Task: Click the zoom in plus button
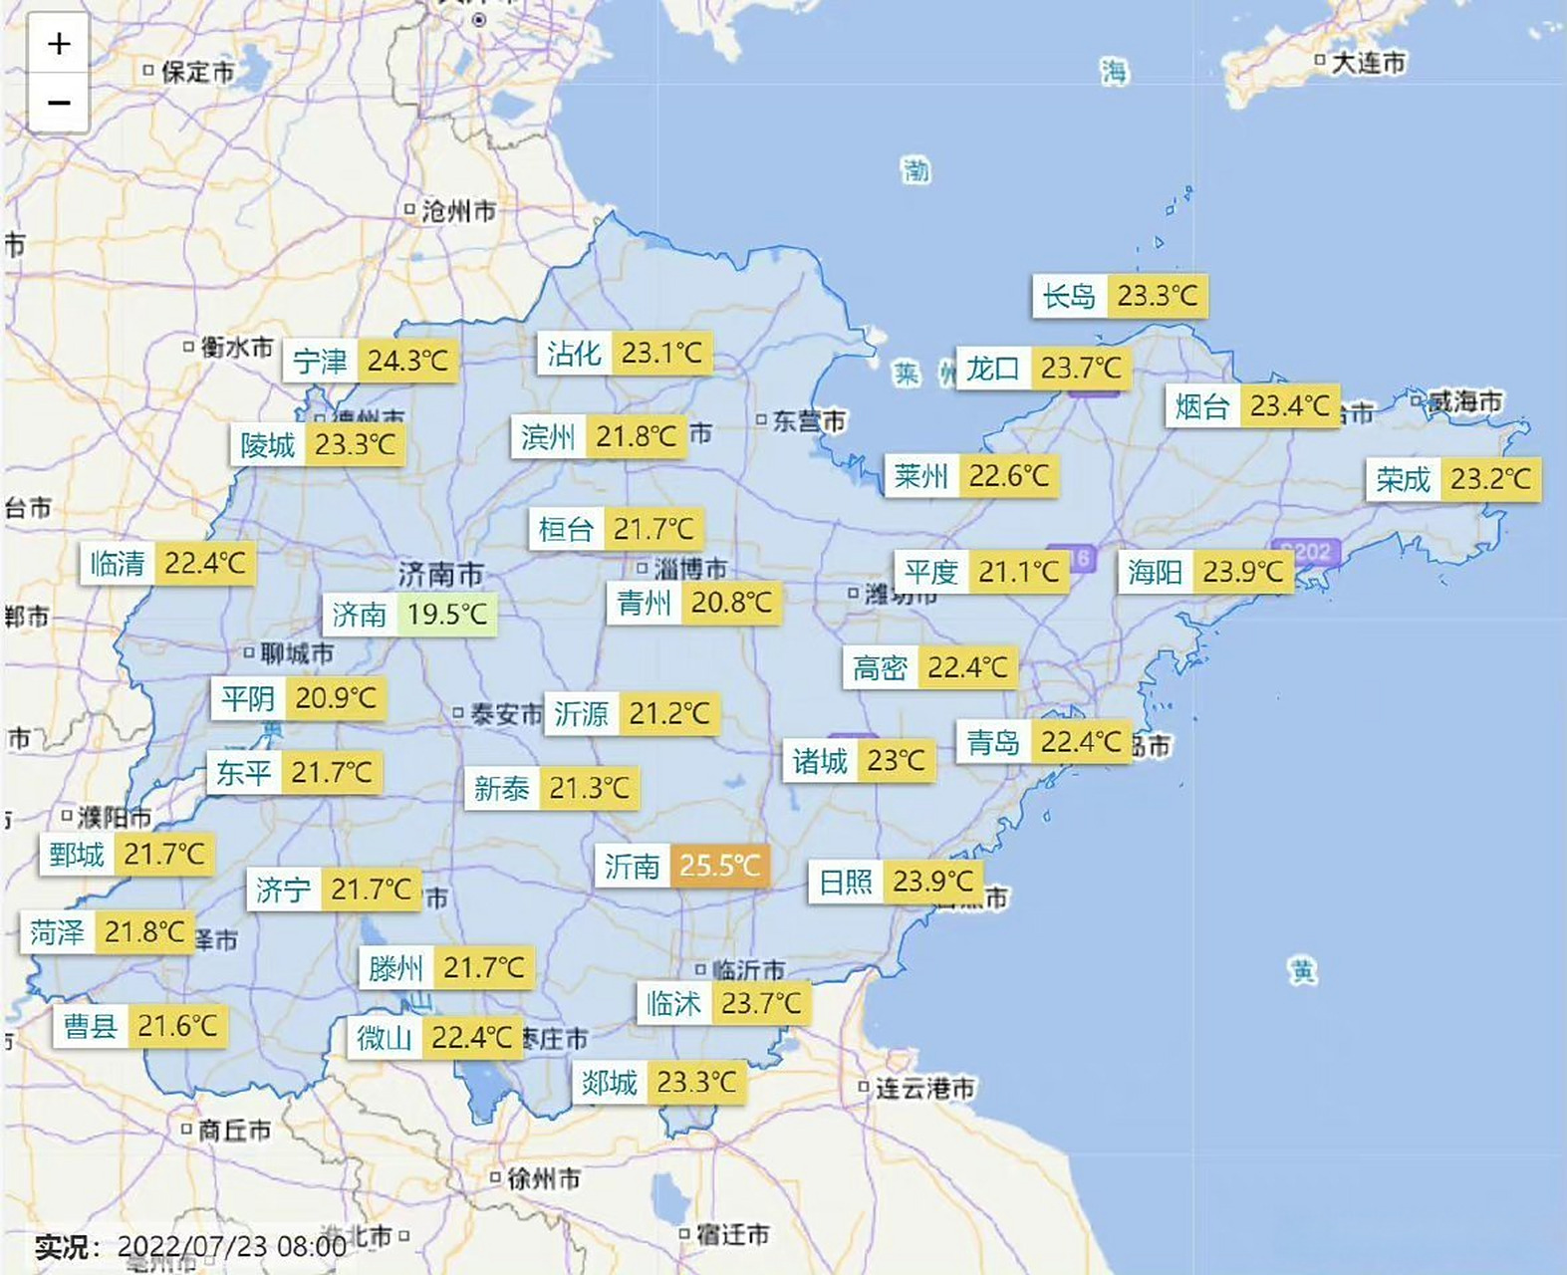[x=59, y=44]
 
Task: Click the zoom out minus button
[x=59, y=103]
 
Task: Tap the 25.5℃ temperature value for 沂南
[x=719, y=866]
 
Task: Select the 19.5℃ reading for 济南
[x=447, y=615]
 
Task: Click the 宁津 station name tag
[x=321, y=361]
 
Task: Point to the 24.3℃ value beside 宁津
[x=407, y=361]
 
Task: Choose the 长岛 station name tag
[x=1069, y=296]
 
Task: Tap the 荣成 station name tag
[x=1403, y=480]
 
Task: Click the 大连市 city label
[x=1368, y=63]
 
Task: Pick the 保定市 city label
[x=197, y=72]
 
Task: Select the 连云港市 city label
[x=924, y=1089]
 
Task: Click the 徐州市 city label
[x=543, y=1179]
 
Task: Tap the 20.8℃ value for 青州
[x=731, y=603]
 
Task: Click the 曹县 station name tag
[x=91, y=1026]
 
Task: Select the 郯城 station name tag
[x=610, y=1082]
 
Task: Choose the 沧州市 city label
[x=457, y=211]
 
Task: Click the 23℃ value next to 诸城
[x=896, y=762]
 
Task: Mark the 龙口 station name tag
[x=993, y=369]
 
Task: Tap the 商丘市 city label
[x=234, y=1131]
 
